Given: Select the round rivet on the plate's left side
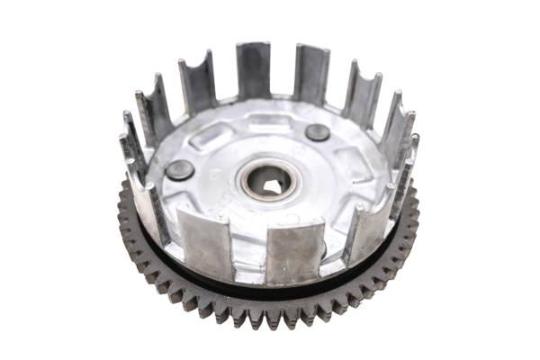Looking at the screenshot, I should coord(179,169).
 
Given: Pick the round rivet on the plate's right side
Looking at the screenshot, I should coord(317,132).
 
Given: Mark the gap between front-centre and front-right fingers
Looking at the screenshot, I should coord(333,252).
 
